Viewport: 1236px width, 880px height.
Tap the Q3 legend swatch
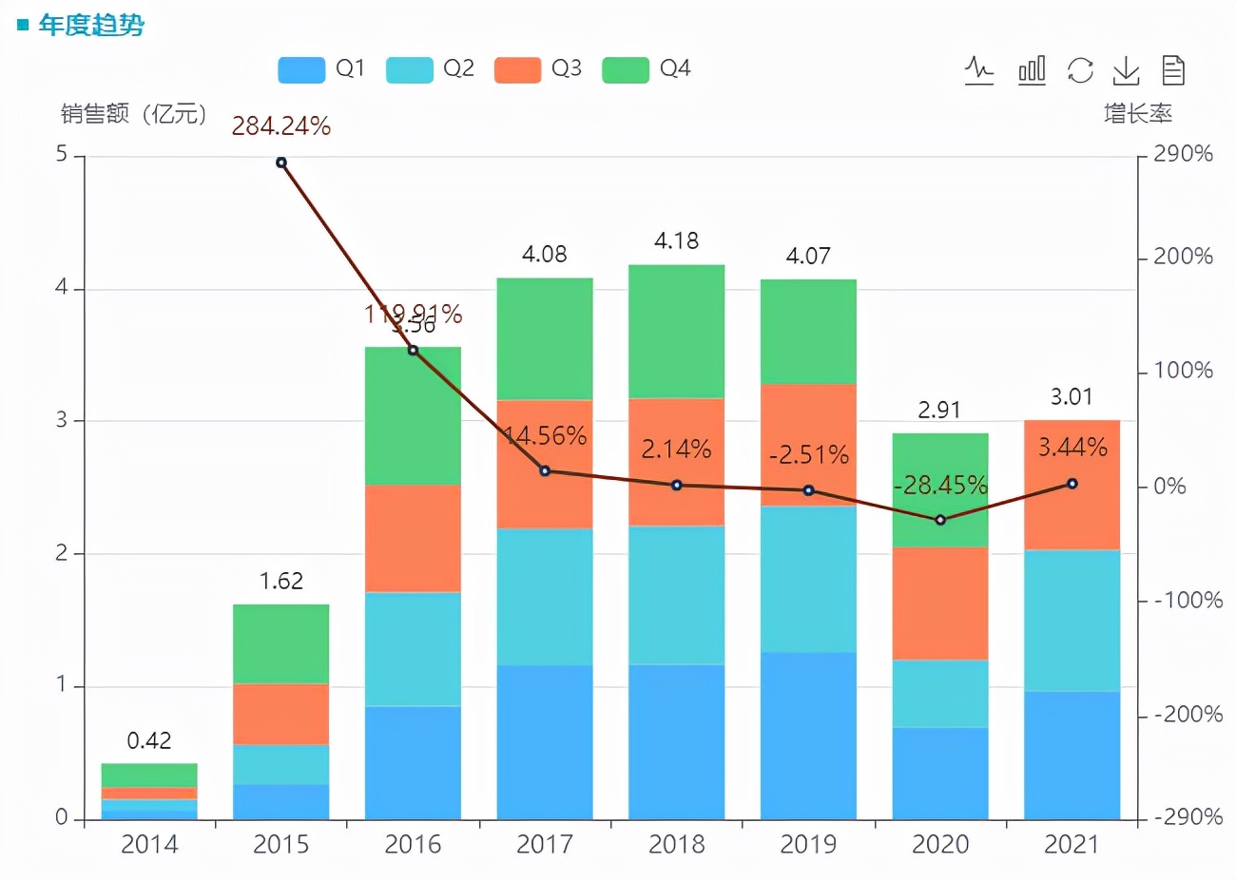(517, 69)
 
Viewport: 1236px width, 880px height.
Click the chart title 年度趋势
(91, 26)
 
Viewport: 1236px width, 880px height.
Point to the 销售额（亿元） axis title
(134, 114)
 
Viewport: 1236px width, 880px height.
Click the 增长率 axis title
(1137, 114)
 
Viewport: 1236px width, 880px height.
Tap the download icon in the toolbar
(1126, 70)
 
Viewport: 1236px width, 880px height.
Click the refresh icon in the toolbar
(1080, 70)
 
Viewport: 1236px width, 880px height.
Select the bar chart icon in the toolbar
(1032, 70)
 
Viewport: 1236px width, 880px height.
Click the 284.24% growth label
(281, 126)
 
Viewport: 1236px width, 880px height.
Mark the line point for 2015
(281, 163)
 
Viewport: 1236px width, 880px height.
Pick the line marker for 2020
(940, 520)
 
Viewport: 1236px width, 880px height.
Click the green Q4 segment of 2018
(677, 331)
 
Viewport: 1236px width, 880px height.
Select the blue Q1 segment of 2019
(808, 735)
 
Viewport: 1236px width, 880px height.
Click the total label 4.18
(676, 241)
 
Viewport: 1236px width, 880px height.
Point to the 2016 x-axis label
(413, 845)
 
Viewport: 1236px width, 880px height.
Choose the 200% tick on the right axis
(1183, 257)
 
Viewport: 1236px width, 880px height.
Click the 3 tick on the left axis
(62, 420)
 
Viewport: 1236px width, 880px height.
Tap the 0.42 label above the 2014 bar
(149, 741)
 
